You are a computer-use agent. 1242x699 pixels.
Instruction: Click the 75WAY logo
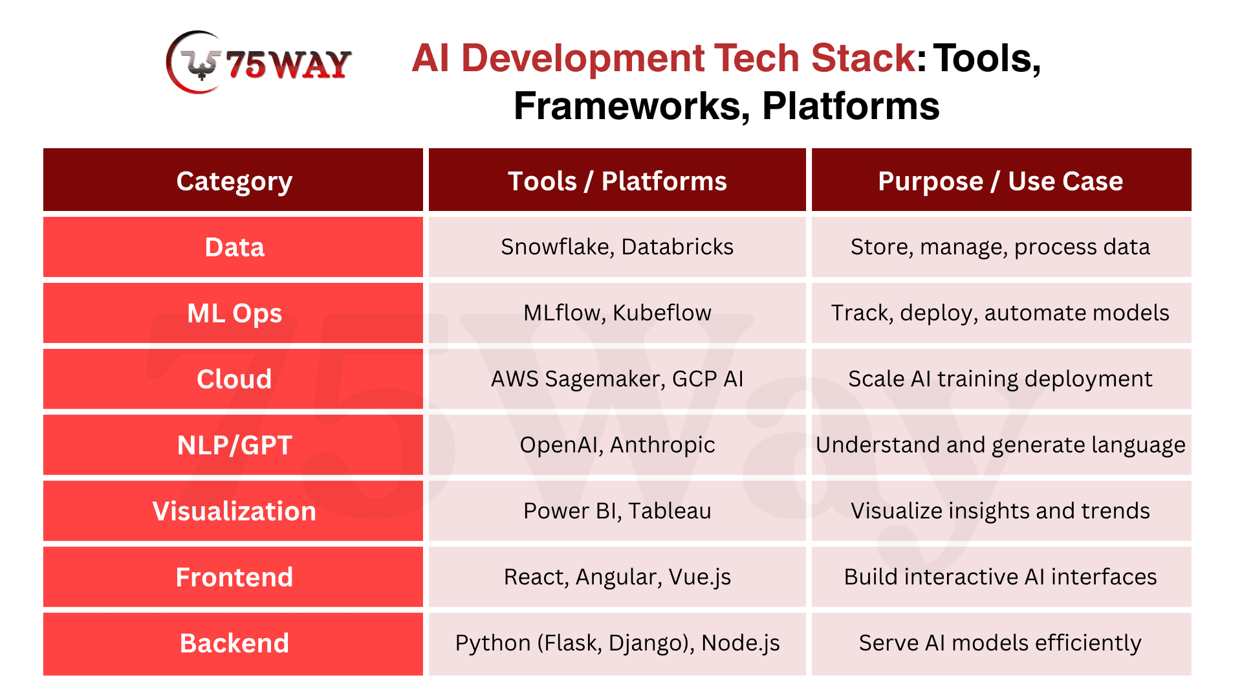click(259, 63)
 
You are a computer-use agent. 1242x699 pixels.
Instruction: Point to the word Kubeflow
click(662, 313)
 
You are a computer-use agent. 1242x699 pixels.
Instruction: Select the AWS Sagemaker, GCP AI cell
click(617, 379)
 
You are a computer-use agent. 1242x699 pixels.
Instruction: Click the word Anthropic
click(662, 445)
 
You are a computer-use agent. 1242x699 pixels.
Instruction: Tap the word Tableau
click(670, 511)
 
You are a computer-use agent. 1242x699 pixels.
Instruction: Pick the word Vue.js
click(700, 577)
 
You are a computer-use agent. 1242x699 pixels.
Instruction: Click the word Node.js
click(741, 643)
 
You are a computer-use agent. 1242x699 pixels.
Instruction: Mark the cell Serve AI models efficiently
click(1001, 644)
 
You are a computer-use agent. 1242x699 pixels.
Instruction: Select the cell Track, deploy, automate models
click(1001, 313)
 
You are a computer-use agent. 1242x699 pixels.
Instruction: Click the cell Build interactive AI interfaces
click(1001, 577)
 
